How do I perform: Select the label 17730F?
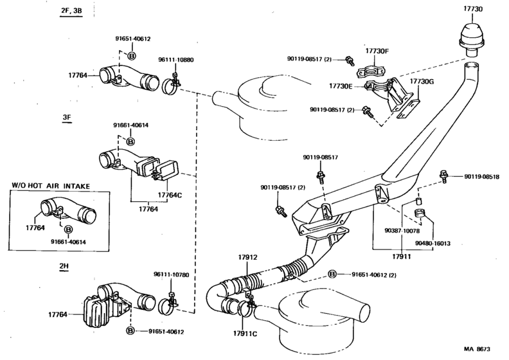[x=377, y=51]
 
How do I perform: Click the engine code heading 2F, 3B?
[x=71, y=12]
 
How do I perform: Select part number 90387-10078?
[x=403, y=230]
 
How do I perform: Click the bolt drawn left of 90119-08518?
[x=443, y=175]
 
